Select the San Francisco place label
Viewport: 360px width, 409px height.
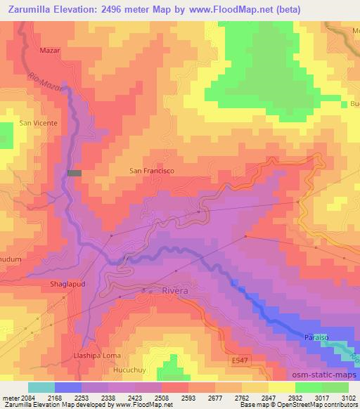[152, 170]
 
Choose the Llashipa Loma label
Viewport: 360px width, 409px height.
[98, 356]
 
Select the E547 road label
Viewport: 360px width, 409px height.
[240, 360]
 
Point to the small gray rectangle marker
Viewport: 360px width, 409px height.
[75, 173]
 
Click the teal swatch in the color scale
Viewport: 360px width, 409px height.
[41, 387]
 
